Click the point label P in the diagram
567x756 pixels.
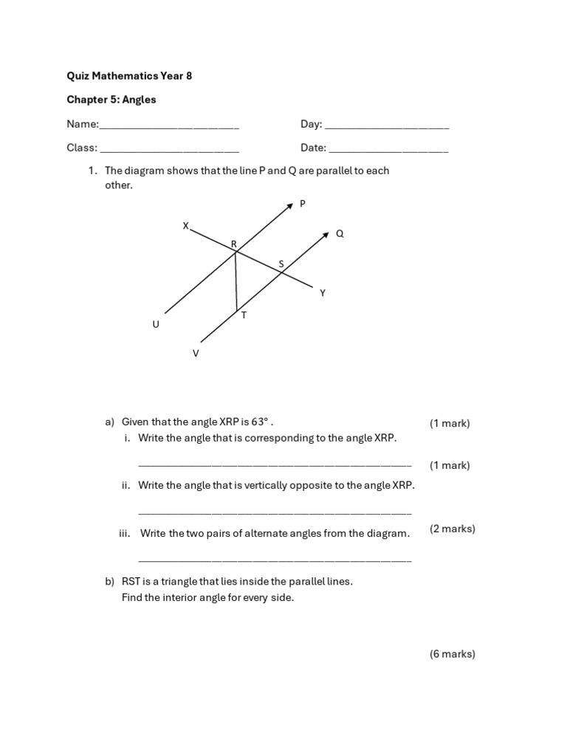[x=302, y=205]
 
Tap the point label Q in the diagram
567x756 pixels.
[x=340, y=234]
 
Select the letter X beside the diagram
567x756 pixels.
[x=186, y=226]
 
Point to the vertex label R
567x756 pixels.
[x=234, y=244]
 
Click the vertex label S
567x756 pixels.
[x=281, y=264]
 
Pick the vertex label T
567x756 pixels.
[x=244, y=315]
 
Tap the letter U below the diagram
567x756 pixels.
[x=156, y=324]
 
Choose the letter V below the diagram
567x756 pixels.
[x=196, y=354]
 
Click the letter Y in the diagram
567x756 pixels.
[x=322, y=293]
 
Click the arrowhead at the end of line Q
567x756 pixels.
[x=325, y=237]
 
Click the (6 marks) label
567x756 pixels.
[x=452, y=654]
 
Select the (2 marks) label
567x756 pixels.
[x=452, y=529]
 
